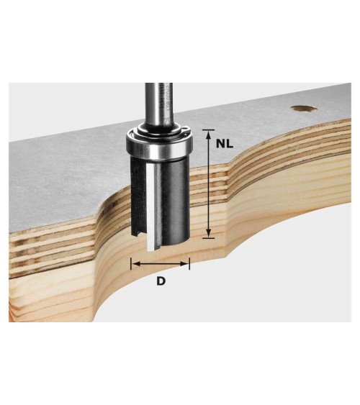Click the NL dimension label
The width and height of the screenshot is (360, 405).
(225, 143)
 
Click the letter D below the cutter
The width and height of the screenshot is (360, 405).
(161, 281)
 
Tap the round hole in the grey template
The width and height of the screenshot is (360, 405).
(304, 109)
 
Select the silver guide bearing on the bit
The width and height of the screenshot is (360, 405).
(159, 145)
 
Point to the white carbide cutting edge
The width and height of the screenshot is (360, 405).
(150, 206)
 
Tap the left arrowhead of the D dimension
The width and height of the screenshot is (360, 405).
(137, 264)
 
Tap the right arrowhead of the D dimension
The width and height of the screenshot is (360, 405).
(184, 264)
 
